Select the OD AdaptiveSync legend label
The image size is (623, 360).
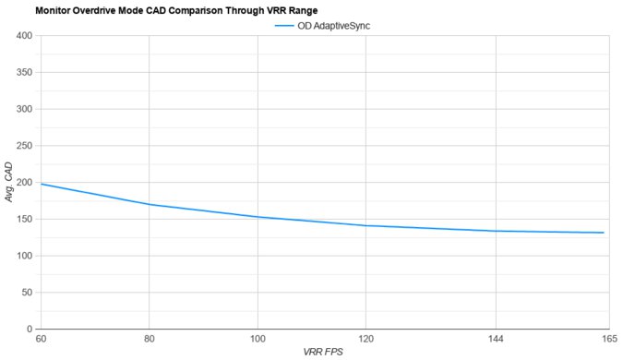coord(334,26)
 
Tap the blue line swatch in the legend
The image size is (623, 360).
coord(284,26)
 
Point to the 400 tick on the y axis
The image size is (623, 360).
coord(23,36)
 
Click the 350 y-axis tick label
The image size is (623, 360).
coord(23,73)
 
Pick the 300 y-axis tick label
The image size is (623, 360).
coord(23,109)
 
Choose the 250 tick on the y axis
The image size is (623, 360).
coord(23,146)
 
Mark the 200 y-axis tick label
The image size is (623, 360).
coord(23,183)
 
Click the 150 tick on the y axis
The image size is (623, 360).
coord(23,219)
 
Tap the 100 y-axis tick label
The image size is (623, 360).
coord(23,256)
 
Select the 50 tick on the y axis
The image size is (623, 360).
coord(26,293)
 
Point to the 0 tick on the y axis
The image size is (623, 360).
coord(29,329)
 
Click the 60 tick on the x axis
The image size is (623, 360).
coord(42,339)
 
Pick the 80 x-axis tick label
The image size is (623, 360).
coord(149,339)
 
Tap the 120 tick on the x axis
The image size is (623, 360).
coord(365,339)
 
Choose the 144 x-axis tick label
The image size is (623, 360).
coord(497,339)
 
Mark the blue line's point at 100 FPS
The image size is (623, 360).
coord(258,217)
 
